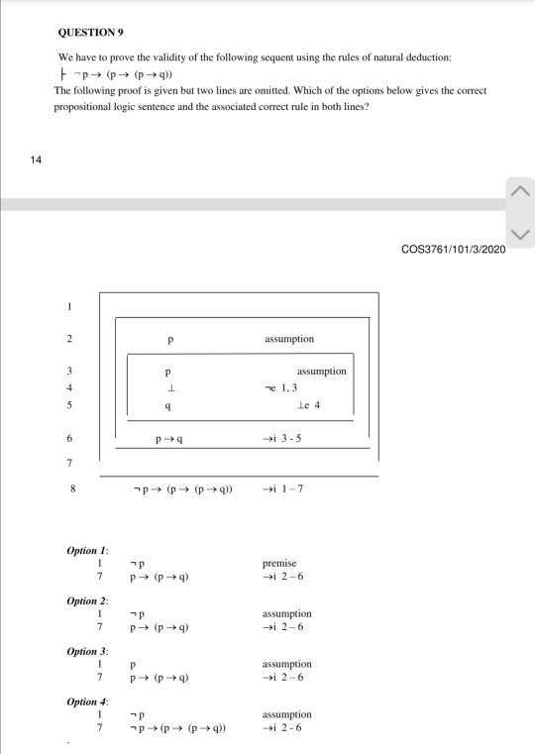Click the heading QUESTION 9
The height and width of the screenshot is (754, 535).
[x=91, y=32]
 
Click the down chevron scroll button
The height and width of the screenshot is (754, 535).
[x=521, y=235]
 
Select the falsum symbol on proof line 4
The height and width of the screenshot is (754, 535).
[x=170, y=388]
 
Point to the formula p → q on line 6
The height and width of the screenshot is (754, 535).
[x=171, y=437]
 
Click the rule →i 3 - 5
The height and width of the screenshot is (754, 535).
[x=283, y=437]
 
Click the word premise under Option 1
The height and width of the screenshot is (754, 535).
[x=278, y=563]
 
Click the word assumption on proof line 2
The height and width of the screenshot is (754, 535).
[x=289, y=339]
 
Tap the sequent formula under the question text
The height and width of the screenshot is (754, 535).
[x=133, y=73]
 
